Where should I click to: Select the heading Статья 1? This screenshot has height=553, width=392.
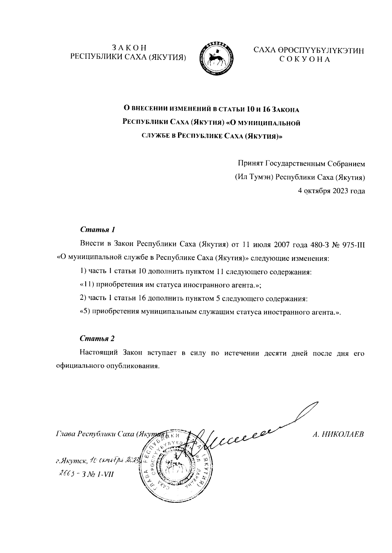point(97,229)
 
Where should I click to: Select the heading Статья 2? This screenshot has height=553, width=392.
point(97,338)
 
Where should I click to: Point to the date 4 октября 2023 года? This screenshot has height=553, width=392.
point(331,191)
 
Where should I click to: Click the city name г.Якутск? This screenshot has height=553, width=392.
point(71,461)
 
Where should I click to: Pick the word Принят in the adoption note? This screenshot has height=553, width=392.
point(250,163)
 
